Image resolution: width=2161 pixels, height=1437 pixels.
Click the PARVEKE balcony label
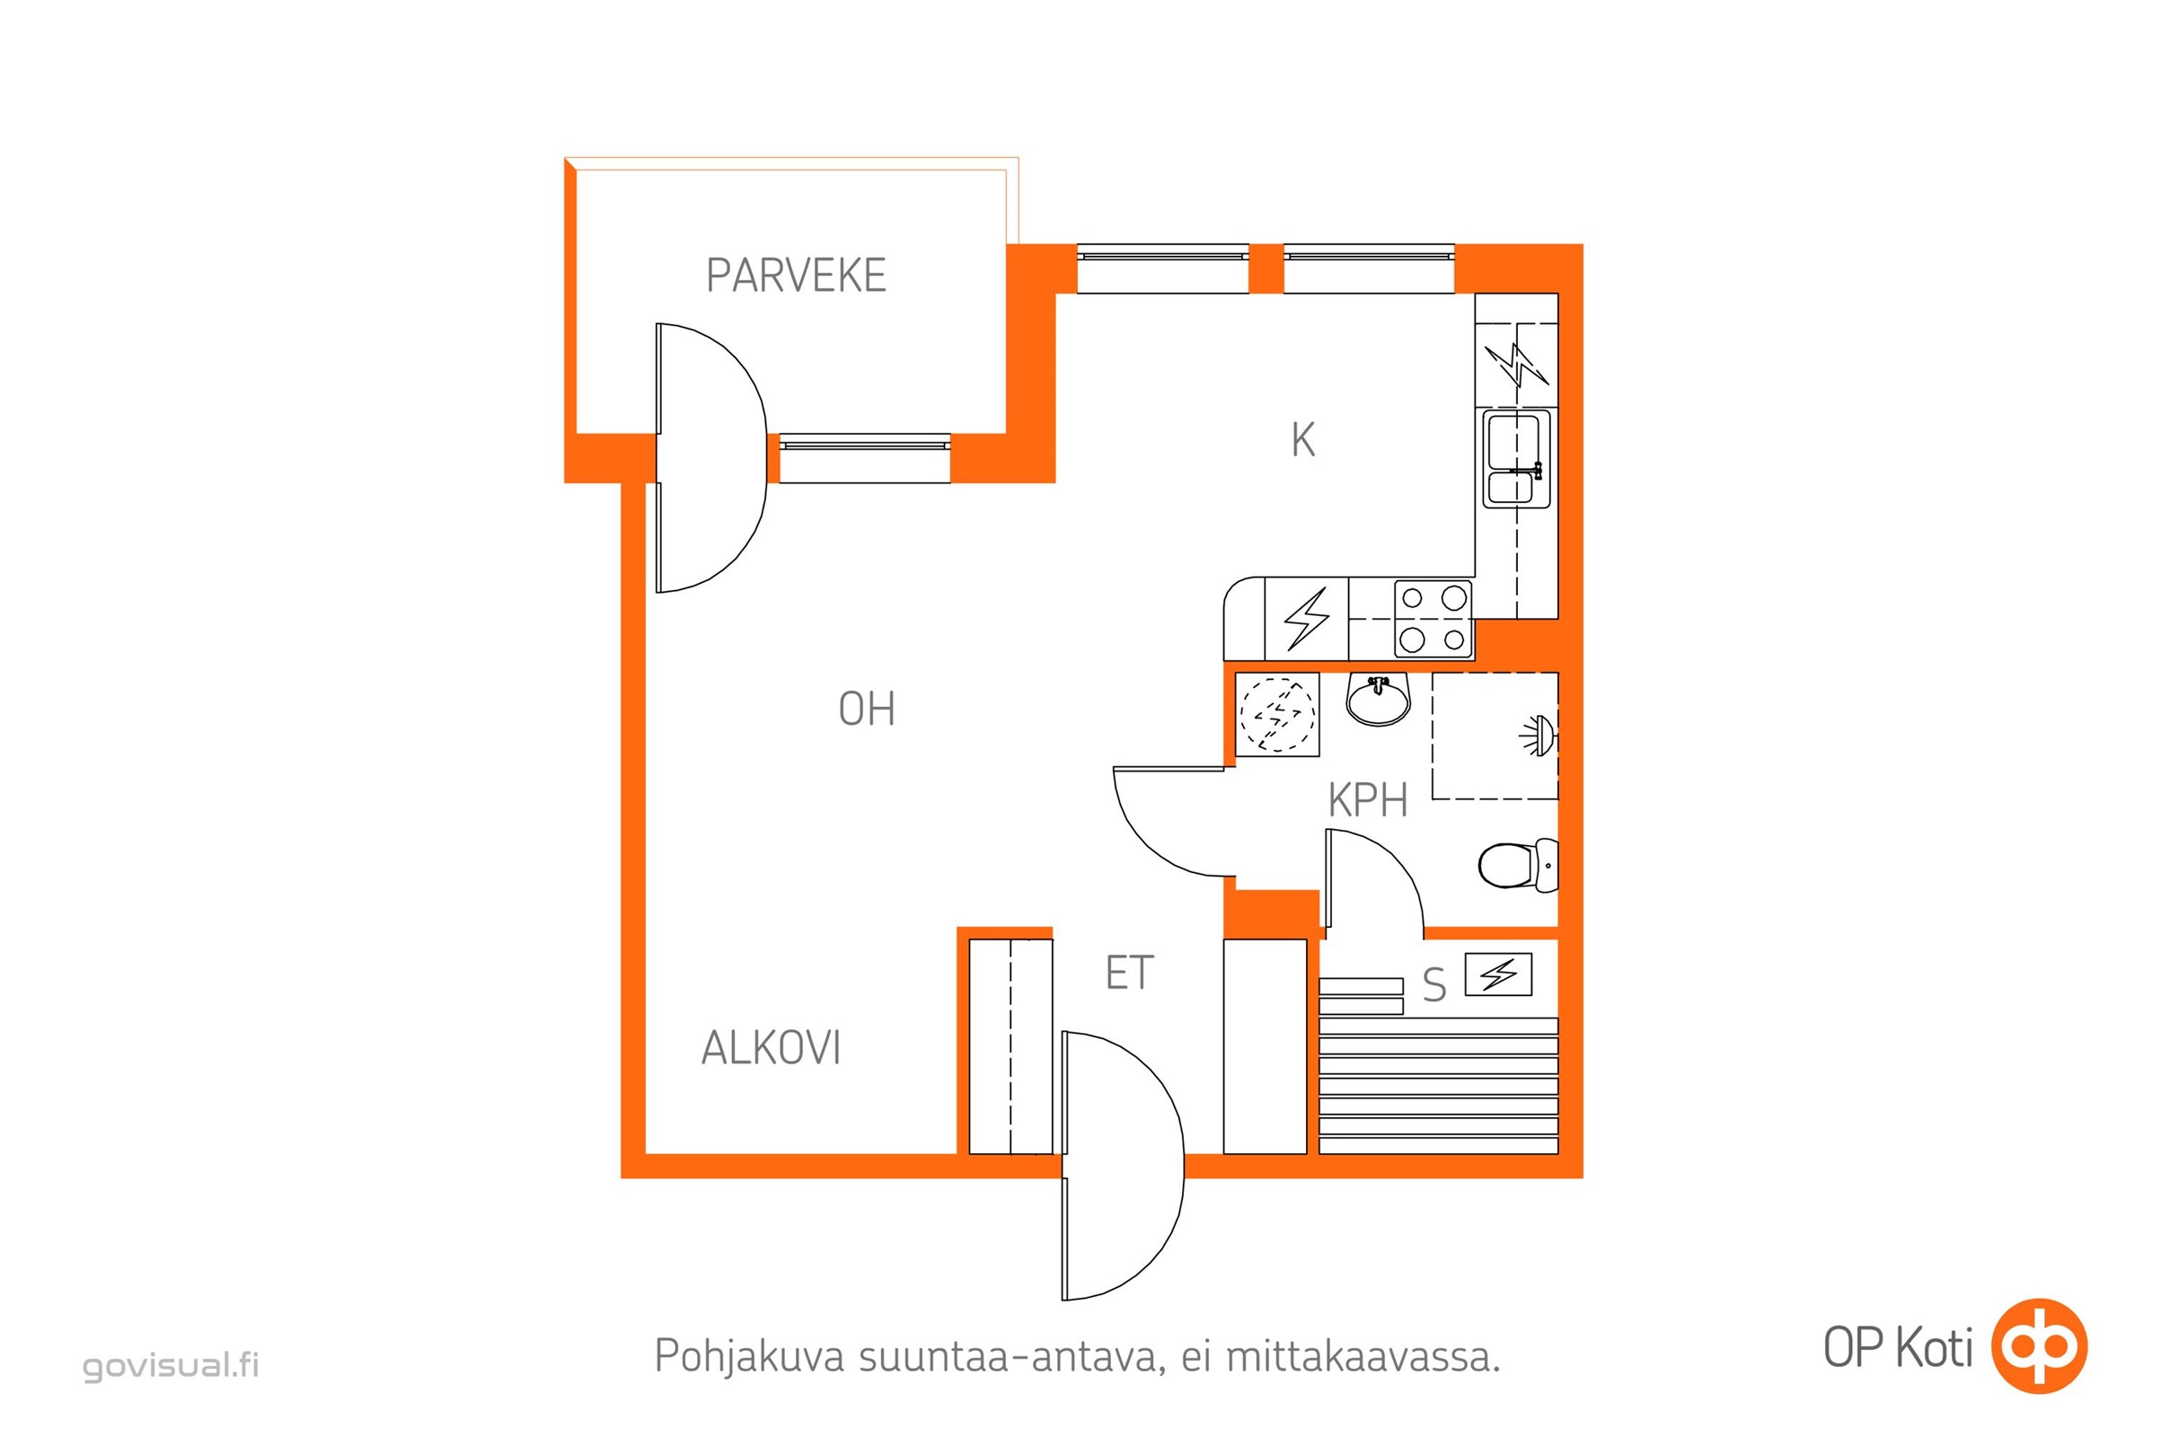796,275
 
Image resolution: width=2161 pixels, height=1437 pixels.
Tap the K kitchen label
1302,440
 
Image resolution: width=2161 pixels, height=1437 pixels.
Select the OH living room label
866,710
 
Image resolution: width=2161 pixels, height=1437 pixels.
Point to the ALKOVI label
771,1048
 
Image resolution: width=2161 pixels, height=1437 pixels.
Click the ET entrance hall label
1128,974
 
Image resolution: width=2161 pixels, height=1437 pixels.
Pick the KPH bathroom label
1367,801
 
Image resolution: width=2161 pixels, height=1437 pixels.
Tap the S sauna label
1434,986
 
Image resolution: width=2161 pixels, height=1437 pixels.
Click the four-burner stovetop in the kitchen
1433,619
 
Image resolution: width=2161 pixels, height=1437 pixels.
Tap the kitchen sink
1516,458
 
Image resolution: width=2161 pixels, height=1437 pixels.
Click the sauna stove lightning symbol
1498,974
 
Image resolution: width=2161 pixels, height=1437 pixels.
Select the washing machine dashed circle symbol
1276,715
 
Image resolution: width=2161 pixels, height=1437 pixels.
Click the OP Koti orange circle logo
2039,1346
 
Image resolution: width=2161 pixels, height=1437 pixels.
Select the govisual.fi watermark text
172,1364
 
